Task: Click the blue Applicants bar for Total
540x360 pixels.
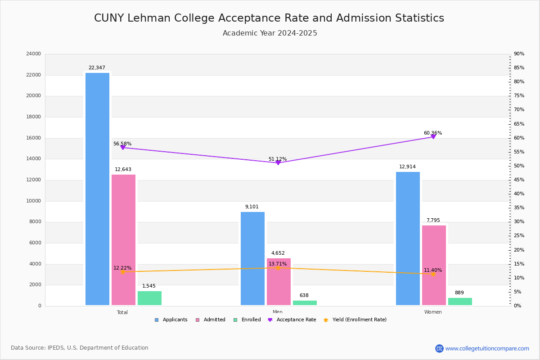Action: pyautogui.click(x=97, y=189)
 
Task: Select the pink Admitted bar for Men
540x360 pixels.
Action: pyautogui.click(x=279, y=282)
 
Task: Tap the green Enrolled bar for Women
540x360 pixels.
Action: pyautogui.click(x=460, y=301)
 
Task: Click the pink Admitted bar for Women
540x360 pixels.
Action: pyautogui.click(x=434, y=265)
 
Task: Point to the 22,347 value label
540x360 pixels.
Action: pyautogui.click(x=97, y=68)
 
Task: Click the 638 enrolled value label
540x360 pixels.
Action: pyautogui.click(x=304, y=296)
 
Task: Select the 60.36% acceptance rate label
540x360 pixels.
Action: pyautogui.click(x=433, y=133)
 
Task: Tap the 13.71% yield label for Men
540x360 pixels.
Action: pyautogui.click(x=278, y=264)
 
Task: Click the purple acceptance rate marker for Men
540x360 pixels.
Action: pyautogui.click(x=278, y=162)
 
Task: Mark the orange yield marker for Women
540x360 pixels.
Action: pyautogui.click(x=433, y=274)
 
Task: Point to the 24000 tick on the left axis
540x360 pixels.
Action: pyautogui.click(x=34, y=54)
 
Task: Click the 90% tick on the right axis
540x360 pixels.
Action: pyautogui.click(x=519, y=54)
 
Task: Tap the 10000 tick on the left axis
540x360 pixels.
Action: pyautogui.click(x=34, y=201)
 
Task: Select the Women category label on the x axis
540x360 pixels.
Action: pyautogui.click(x=433, y=312)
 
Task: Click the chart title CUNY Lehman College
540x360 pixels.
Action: pyautogui.click(x=269, y=18)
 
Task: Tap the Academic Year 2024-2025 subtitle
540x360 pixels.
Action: pyautogui.click(x=270, y=33)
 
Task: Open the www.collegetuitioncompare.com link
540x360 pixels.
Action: pyautogui.click(x=487, y=348)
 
